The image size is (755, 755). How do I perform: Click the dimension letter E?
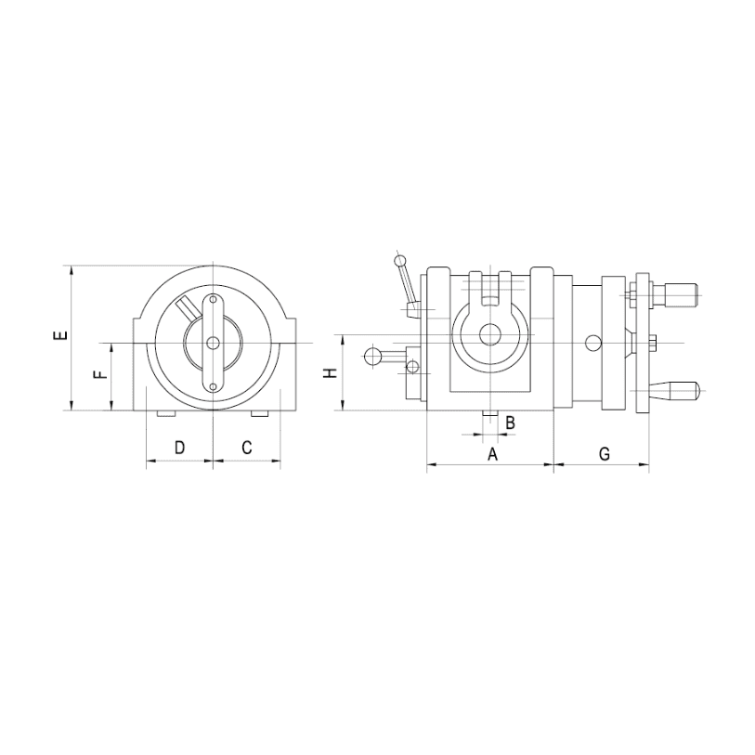(x=60, y=336)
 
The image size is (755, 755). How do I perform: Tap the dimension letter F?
(x=100, y=374)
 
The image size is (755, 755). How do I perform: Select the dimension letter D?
(x=179, y=448)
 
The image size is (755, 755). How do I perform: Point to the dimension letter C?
(x=246, y=448)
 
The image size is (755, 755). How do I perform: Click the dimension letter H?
(x=331, y=373)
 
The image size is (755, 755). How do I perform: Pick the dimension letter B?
(x=511, y=423)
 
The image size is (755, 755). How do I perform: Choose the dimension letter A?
(x=492, y=453)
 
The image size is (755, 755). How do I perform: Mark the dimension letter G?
(x=605, y=453)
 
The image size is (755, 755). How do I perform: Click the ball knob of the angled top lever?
(x=399, y=262)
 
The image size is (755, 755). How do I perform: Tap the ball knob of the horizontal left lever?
(x=372, y=357)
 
